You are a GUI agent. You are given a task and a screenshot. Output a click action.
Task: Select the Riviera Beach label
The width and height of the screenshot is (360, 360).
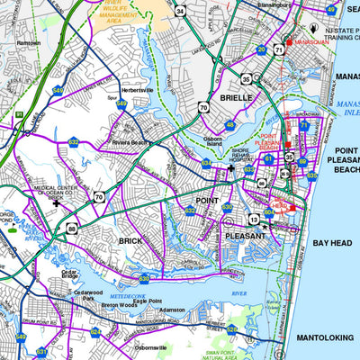[x=129, y=141]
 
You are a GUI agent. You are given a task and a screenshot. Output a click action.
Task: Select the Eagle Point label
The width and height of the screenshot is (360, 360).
[x=148, y=301]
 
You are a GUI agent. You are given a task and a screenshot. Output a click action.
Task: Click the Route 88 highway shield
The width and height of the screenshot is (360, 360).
[x=72, y=230]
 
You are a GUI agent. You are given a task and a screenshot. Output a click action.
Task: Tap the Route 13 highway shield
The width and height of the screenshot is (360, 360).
[x=255, y=219]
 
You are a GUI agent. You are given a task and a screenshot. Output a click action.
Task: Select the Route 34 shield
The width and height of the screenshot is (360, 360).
[x=181, y=12]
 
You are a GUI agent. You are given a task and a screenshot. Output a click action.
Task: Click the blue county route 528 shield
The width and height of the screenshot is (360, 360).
[x=232, y=329]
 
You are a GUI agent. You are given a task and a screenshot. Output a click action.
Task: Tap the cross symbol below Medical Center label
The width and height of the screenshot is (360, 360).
[x=58, y=203]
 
